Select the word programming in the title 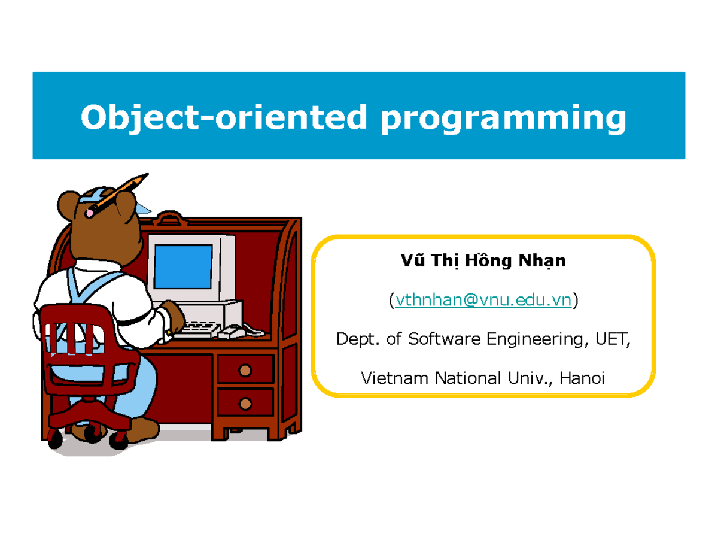[503, 118]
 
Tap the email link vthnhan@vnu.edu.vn [483, 301]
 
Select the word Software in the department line [445, 339]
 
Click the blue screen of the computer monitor [182, 266]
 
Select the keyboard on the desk [197, 328]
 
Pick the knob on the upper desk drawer [244, 371]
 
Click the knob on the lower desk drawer [244, 404]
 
